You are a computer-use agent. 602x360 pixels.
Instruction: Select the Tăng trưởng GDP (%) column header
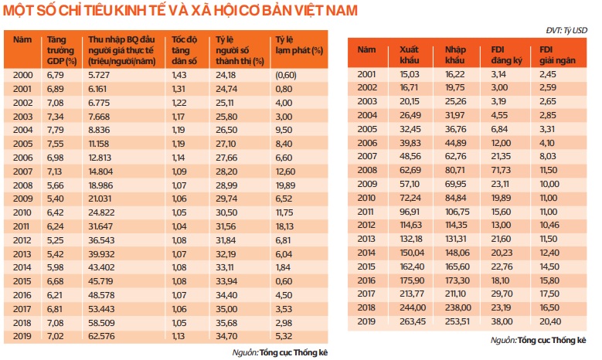(63, 49)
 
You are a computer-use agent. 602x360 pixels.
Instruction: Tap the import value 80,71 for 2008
(456, 172)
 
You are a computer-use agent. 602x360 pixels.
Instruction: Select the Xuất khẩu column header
(410, 55)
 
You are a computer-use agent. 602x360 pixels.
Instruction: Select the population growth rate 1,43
(179, 75)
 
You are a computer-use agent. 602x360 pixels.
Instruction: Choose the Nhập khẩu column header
(457, 55)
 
